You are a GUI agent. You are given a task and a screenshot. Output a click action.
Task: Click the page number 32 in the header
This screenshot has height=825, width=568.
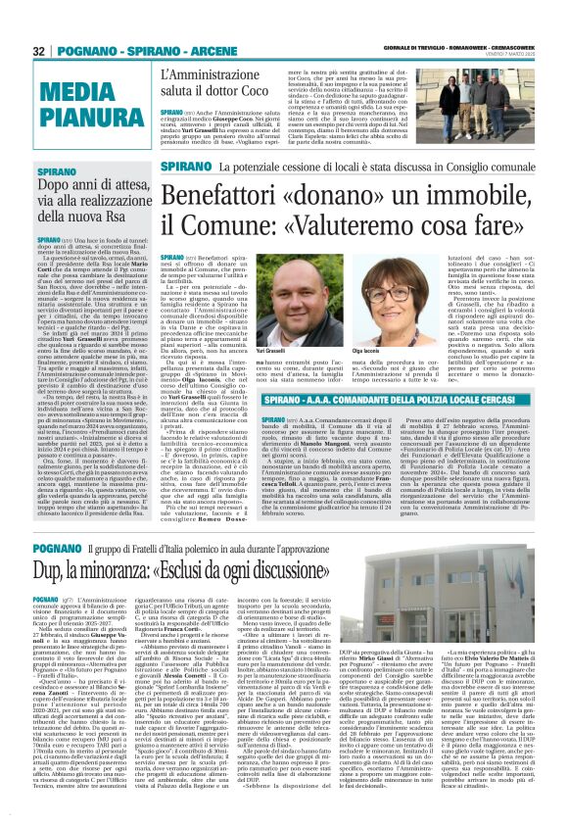point(38,51)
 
